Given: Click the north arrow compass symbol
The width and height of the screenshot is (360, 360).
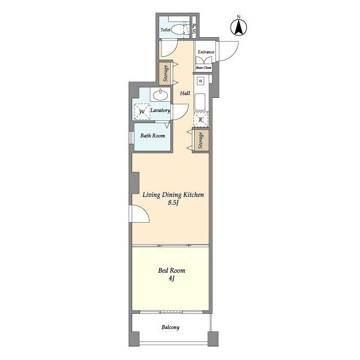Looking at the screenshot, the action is pos(238,27).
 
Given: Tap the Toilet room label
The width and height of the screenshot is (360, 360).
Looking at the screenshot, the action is pos(165,30).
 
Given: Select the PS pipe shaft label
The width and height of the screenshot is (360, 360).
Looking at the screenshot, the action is pos(194,29).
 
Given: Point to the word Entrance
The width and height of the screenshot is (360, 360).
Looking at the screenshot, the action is pos(206,52).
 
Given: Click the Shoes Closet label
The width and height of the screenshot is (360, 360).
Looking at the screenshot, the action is pos(204,67).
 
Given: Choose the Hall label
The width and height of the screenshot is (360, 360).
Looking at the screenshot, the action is pos(185,93).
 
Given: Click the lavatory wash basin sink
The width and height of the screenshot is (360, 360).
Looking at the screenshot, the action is pos(160,95).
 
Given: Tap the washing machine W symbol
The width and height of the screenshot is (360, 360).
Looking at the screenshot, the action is pos(142,112).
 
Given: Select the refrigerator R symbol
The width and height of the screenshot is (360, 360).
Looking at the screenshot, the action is pos(201,119).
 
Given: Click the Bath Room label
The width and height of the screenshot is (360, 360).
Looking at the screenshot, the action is pos(152,136).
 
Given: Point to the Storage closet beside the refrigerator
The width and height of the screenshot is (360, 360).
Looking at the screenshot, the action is pos(201,140).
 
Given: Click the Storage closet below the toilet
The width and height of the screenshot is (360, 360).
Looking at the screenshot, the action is pos(165,74).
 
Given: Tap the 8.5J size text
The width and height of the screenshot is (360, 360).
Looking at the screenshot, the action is pos(173,202).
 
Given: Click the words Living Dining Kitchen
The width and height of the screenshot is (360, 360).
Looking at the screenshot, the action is pos(173,195).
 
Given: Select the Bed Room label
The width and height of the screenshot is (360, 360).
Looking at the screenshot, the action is pos(172,271).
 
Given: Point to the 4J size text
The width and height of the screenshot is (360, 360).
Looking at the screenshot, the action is pos(172,278).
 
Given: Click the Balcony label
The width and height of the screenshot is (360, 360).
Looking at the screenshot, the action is pos(170,327).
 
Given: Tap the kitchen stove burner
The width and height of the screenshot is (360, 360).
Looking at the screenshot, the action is pos(201,81).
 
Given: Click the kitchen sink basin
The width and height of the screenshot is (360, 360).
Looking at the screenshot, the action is pos(200,102).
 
